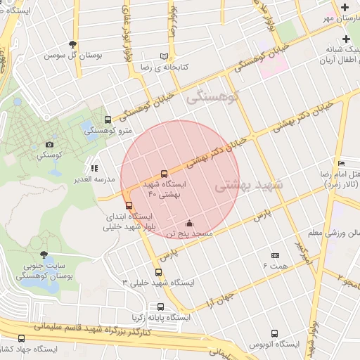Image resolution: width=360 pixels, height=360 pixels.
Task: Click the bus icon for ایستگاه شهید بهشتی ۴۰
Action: (164, 173)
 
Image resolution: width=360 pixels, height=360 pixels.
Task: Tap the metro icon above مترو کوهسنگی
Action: (108, 120)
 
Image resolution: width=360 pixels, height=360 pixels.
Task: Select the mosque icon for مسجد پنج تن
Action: (188, 224)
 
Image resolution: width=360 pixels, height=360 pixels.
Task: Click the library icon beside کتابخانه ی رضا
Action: (164, 56)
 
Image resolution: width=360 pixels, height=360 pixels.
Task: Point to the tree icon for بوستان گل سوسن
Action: (72, 45)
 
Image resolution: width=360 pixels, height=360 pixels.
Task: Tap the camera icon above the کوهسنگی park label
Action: (49, 144)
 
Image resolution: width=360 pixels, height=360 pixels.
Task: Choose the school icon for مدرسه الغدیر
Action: (94, 169)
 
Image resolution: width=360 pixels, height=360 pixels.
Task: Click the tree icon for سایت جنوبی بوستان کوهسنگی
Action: (44, 255)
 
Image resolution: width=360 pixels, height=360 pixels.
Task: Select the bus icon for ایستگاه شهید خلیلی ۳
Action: (158, 273)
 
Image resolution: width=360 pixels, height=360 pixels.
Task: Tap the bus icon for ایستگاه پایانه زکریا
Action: (161, 307)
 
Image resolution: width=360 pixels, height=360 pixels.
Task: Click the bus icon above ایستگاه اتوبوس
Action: (274, 334)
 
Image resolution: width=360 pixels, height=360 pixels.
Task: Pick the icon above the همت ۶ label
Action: (275, 256)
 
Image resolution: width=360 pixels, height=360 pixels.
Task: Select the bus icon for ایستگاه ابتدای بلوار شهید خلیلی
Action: (127, 205)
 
